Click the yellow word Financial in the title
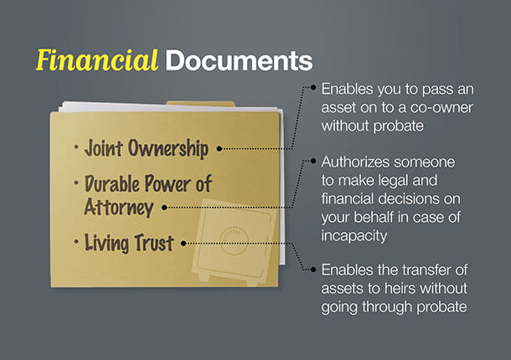point(97,60)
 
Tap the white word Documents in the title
point(239,60)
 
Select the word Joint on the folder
point(104,148)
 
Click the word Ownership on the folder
point(168,149)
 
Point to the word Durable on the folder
point(112,183)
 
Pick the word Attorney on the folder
point(119,207)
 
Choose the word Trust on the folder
point(154,243)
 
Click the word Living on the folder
point(106,243)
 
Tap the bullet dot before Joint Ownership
point(76,147)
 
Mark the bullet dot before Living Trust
point(76,242)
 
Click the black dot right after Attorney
point(164,208)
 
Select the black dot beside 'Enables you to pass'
point(313,87)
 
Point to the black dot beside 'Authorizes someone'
point(313,161)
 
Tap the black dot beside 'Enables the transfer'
point(313,270)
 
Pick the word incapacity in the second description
point(354,236)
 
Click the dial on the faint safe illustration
point(234,241)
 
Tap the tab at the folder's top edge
point(201,104)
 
